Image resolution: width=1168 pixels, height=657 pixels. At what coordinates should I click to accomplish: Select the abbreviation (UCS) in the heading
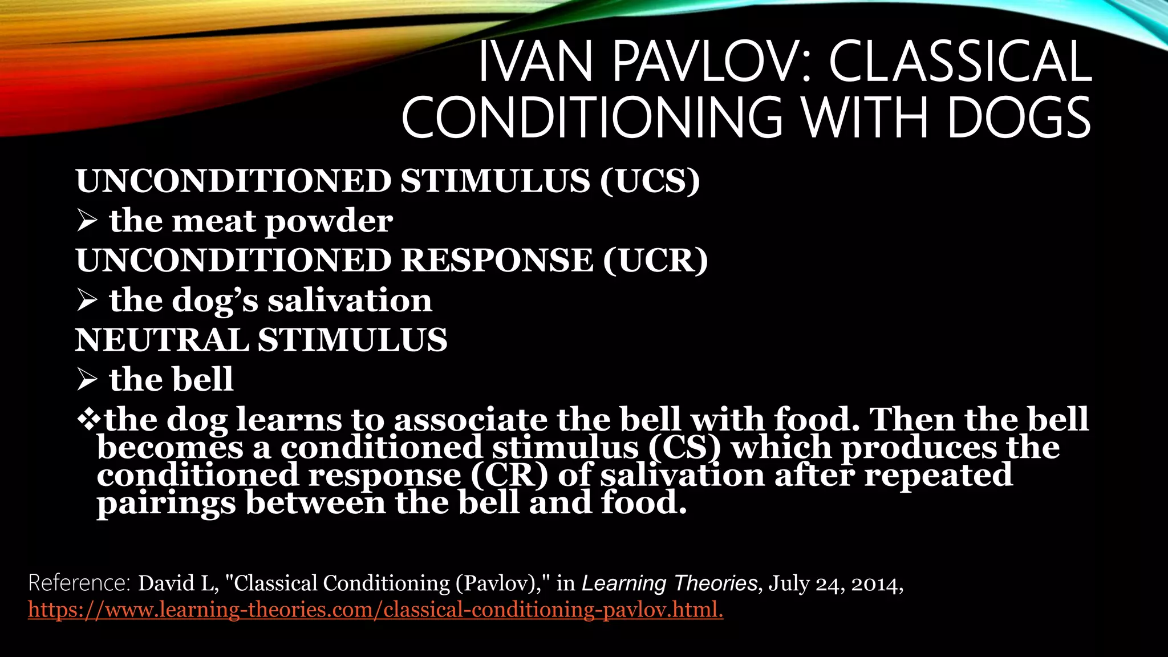point(650,181)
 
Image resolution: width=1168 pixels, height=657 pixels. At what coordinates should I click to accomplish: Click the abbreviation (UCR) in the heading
point(655,261)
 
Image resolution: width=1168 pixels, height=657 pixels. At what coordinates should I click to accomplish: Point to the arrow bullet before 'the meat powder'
point(87,221)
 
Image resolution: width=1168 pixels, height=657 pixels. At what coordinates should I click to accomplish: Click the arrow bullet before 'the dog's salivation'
point(87,301)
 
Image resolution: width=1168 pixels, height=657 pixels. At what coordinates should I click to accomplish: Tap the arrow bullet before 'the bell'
point(87,380)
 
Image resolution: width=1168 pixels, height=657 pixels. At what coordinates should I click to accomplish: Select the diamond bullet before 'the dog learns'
point(88,419)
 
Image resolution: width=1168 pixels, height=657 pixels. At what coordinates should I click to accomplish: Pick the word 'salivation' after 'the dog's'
point(350,301)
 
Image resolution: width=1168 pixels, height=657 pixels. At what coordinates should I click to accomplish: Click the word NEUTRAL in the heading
point(161,340)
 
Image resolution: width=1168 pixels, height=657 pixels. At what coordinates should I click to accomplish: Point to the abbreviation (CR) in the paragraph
point(509,475)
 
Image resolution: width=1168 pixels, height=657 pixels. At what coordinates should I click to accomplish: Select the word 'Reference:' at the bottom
point(79,583)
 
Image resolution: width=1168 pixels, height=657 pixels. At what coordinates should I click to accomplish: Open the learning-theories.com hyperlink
point(375,610)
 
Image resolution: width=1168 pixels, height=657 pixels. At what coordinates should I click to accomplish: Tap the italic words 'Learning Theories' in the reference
point(669,583)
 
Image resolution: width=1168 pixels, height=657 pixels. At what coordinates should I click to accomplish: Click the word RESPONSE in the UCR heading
point(497,261)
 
